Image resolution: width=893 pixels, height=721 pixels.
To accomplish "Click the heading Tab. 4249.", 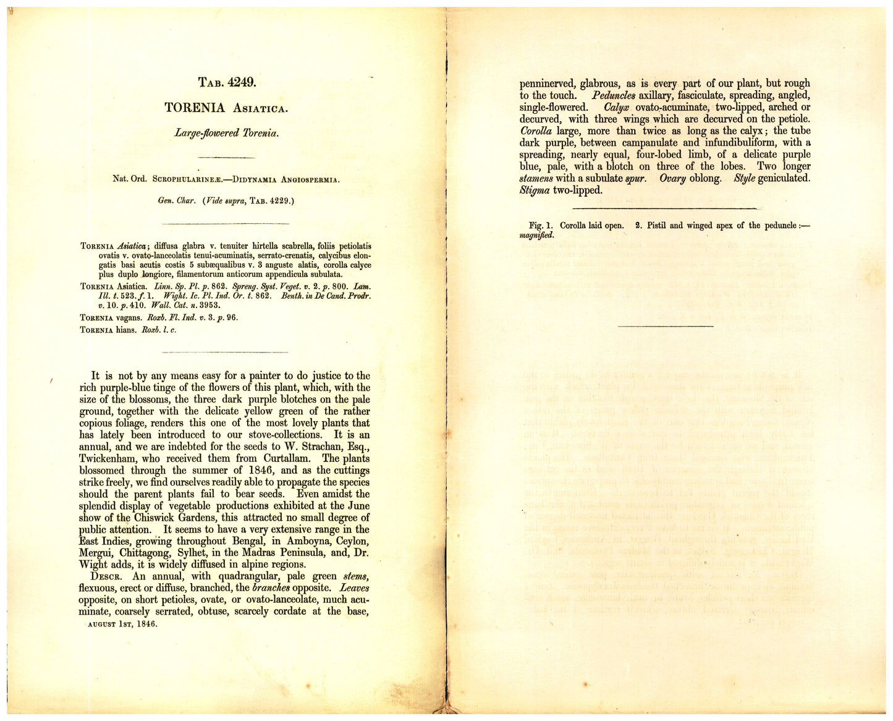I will click(x=227, y=82).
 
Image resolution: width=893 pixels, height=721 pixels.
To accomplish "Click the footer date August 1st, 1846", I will click(x=122, y=624).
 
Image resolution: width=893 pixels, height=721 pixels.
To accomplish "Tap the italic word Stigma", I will click(x=535, y=190).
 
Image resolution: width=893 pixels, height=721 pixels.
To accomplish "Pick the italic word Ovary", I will click(x=672, y=179).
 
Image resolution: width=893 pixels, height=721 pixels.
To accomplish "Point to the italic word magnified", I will click(x=536, y=235).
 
